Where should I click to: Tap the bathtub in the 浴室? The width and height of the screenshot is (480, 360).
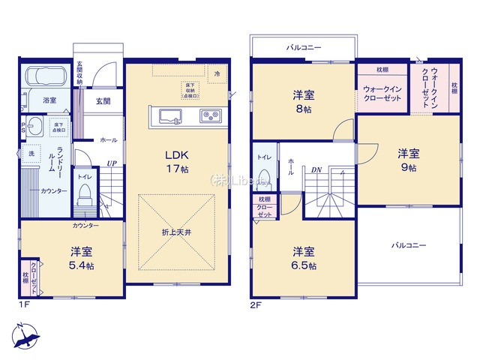coord(46,77)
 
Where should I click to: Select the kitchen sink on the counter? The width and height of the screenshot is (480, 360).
coord(167,115)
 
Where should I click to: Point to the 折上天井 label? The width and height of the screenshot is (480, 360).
coord(177,233)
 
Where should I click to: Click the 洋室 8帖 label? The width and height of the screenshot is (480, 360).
coord(302,100)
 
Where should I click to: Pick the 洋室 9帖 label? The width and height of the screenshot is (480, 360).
coord(409,160)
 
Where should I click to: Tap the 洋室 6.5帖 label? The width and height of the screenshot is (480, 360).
coord(302,257)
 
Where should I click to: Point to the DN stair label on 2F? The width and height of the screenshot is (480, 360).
coord(316,169)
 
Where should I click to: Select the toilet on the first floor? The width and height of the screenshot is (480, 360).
coord(85,196)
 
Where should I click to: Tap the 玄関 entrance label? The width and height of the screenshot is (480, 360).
coord(103,100)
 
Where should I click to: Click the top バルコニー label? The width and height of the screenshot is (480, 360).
coord(303,47)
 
